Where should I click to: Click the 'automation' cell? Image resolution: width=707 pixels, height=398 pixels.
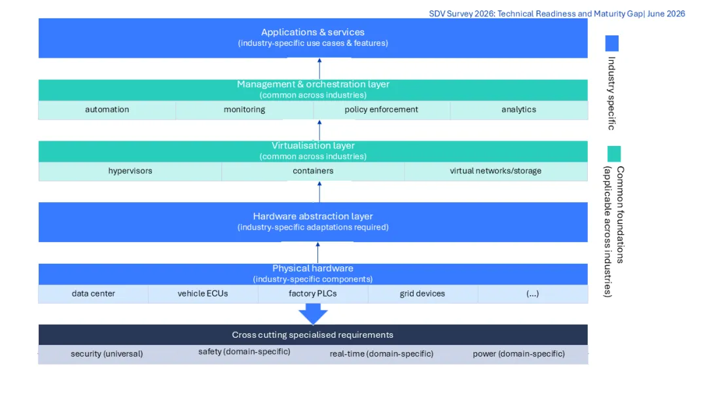(x=107, y=109)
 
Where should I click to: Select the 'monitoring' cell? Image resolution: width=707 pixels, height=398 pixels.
(x=244, y=109)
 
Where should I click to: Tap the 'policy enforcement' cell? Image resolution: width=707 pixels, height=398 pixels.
(x=382, y=109)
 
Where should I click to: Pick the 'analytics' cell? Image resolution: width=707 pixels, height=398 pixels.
(x=519, y=109)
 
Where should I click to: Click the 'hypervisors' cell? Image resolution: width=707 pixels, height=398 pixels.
(x=130, y=172)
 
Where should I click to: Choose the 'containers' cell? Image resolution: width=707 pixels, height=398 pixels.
(x=313, y=172)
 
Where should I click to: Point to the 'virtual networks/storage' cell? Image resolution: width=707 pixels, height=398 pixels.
(x=496, y=172)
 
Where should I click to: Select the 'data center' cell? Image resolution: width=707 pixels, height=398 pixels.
(x=94, y=294)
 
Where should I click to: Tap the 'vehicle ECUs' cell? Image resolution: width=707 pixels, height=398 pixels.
(x=203, y=294)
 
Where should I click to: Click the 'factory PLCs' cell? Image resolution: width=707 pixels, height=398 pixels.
(x=313, y=294)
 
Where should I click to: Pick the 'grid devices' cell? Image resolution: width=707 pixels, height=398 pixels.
(x=422, y=294)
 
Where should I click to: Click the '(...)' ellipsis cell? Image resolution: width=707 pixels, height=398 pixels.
(x=532, y=294)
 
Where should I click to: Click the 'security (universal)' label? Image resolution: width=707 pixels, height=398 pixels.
(x=107, y=354)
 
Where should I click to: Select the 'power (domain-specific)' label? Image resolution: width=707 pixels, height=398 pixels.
(x=519, y=354)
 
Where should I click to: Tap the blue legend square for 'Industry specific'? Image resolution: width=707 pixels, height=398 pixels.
(x=612, y=43)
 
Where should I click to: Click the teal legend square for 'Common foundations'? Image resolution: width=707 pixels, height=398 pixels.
(x=613, y=154)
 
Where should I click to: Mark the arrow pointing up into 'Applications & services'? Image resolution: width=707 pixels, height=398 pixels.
(x=319, y=69)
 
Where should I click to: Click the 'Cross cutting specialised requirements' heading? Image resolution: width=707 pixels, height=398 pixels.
(x=313, y=335)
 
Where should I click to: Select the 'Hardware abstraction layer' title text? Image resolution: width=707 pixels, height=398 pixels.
(x=313, y=217)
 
